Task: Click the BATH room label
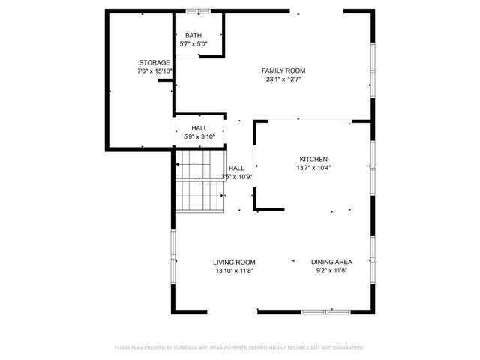tap(193, 35)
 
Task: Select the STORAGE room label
tap(154, 62)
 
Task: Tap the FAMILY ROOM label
tap(283, 70)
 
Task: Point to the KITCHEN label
tap(313, 159)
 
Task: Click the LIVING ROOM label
tap(235, 262)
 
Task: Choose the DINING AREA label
tap(331, 262)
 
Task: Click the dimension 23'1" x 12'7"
tap(283, 79)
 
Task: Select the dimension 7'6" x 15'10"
tap(154, 71)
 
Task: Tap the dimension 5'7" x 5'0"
tap(193, 44)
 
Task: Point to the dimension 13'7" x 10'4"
tap(313, 168)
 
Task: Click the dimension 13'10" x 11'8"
tap(235, 271)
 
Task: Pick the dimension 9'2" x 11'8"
tap(331, 271)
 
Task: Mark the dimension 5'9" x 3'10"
tap(199, 136)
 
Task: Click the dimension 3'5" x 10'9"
tap(237, 177)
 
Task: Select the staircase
tap(200, 182)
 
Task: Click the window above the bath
tap(198, 10)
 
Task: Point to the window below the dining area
tap(326, 311)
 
